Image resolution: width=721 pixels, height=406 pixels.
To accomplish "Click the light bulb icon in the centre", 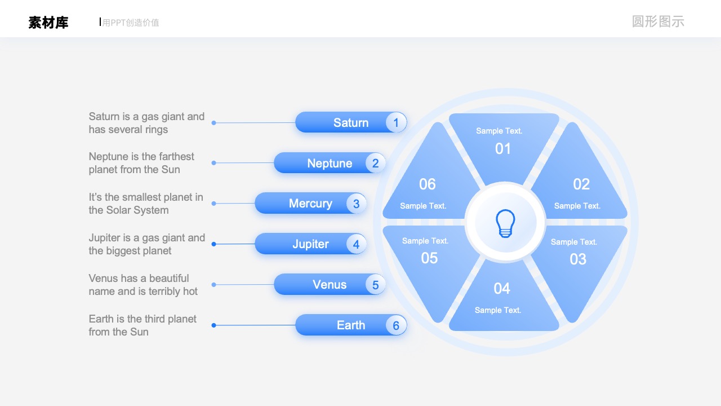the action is point(505,223).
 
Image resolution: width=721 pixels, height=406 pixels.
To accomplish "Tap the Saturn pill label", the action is point(351,122).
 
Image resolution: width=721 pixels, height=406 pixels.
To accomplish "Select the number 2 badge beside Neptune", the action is point(375,163).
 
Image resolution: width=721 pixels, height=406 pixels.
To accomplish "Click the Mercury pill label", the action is point(310,204).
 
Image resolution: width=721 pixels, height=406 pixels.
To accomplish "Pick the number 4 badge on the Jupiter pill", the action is point(356,244).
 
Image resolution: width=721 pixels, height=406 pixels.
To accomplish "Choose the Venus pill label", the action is point(330,285).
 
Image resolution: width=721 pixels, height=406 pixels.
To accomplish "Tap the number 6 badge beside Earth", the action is point(396,325).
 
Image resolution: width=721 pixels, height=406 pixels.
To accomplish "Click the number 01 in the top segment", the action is point(503,149).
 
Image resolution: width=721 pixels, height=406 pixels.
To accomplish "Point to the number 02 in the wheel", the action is point(581,184).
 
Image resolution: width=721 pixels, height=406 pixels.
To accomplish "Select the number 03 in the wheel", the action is point(578,259).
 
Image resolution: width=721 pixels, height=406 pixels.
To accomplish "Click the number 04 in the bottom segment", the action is point(502,288).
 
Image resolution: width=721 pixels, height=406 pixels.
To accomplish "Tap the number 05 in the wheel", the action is point(429,258).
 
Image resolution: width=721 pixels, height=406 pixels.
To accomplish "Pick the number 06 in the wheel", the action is point(428,184).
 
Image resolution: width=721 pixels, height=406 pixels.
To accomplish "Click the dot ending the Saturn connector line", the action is point(213,123).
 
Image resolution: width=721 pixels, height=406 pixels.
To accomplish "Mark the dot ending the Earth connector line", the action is point(213,325).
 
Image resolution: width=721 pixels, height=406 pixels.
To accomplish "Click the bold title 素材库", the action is point(48,23).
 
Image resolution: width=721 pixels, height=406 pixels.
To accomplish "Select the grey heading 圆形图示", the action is point(658,21).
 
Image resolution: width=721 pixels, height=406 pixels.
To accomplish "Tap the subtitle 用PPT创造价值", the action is point(131,23).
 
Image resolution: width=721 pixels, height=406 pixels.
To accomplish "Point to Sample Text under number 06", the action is point(423,206).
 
